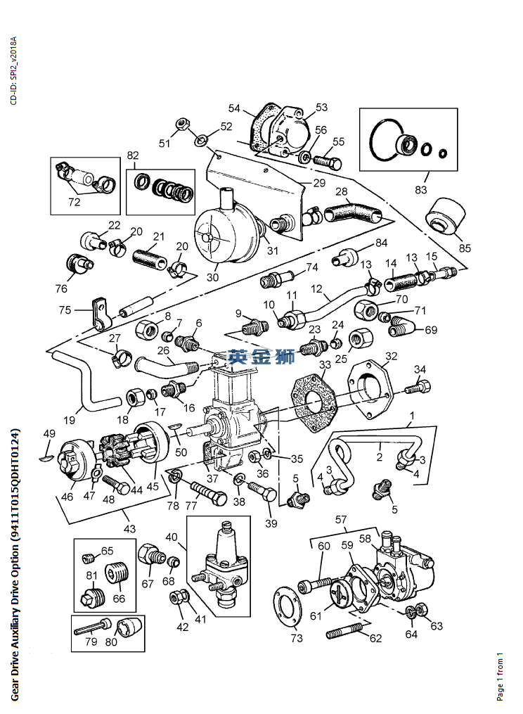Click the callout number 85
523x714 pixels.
(x=465, y=248)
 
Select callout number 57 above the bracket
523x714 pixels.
(x=342, y=520)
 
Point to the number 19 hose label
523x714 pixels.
(x=70, y=420)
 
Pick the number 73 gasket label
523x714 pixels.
(x=297, y=638)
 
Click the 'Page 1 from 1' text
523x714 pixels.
(x=501, y=677)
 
